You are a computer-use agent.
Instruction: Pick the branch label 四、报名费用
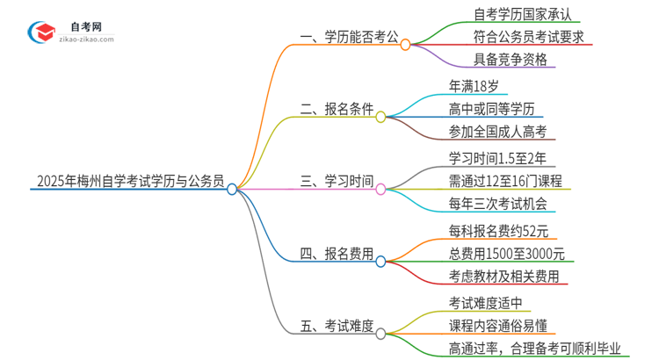click(x=337, y=256)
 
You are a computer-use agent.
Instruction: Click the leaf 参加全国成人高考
click(x=496, y=132)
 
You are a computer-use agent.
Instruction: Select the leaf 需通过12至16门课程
click(x=504, y=182)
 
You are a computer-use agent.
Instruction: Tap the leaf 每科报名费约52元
click(x=497, y=232)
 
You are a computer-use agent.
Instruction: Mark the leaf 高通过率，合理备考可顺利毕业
click(x=534, y=349)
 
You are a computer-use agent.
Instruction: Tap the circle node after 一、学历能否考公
click(x=405, y=45)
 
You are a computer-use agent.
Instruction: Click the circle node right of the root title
click(x=232, y=188)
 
